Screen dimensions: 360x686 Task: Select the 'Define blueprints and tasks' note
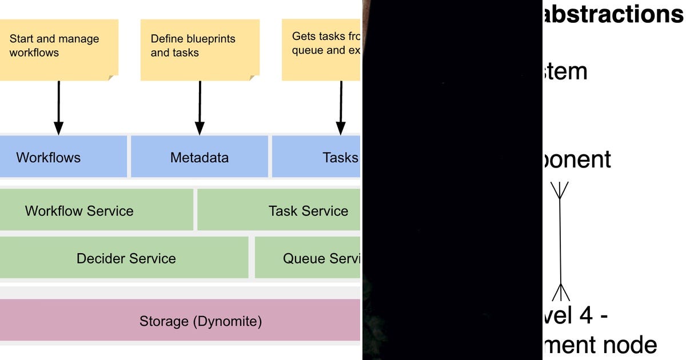[200, 49]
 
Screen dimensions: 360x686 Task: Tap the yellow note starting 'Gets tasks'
[321, 49]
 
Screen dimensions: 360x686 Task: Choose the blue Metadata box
[200, 157]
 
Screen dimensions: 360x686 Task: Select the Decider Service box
[125, 258]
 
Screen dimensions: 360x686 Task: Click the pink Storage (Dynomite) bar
[180, 321]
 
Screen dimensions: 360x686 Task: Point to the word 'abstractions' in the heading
[612, 14]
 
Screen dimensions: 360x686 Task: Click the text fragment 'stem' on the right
[565, 72]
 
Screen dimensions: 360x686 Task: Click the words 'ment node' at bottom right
[600, 345]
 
